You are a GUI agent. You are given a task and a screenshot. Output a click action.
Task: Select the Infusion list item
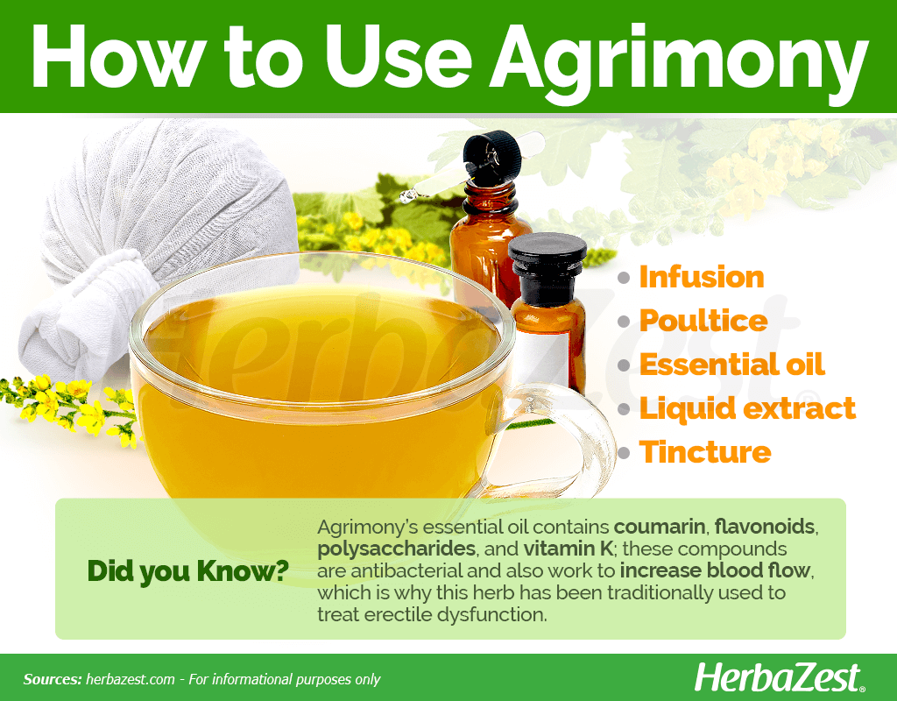coord(702,277)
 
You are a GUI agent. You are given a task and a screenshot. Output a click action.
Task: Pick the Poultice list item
coord(703,321)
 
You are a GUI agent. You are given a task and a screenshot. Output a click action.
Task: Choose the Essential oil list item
coord(731,365)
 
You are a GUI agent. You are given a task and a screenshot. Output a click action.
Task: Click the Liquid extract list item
coord(747,408)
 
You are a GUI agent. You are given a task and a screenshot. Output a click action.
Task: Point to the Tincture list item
coord(705,452)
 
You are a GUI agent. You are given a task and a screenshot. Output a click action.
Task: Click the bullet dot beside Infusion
coord(624,279)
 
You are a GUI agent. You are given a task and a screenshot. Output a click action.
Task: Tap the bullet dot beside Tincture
coord(624,454)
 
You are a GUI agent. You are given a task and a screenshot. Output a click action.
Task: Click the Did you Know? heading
coord(187,571)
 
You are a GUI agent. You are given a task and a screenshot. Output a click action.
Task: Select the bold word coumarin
coord(660,527)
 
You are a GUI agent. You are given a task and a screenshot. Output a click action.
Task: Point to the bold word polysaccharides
coord(397,549)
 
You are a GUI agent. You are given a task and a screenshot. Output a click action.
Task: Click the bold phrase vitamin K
coord(568,549)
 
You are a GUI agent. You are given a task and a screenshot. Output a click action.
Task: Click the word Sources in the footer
coord(53,679)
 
